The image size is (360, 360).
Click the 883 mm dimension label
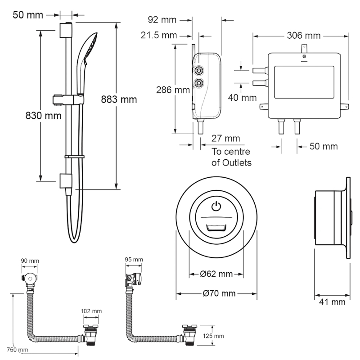(119, 99)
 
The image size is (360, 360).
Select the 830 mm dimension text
(43, 116)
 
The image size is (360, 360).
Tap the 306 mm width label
(303, 36)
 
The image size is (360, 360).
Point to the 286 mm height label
(173, 90)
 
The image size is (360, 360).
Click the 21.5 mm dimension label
(159, 36)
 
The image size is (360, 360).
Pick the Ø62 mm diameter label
(216, 274)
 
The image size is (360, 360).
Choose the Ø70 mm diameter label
(219, 293)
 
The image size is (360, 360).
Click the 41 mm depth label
(332, 301)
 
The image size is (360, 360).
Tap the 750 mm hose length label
(18, 350)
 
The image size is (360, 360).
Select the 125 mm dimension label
(213, 336)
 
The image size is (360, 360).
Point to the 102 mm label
(91, 311)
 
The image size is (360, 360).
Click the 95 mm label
(134, 260)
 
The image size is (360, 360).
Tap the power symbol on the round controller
(216, 206)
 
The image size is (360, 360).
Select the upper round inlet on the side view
(199, 71)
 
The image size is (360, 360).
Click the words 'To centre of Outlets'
(231, 157)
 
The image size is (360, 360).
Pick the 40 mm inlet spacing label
(242, 98)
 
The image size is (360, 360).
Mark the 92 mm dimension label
(162, 20)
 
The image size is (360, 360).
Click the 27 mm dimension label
(226, 139)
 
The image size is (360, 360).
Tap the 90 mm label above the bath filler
(30, 261)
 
